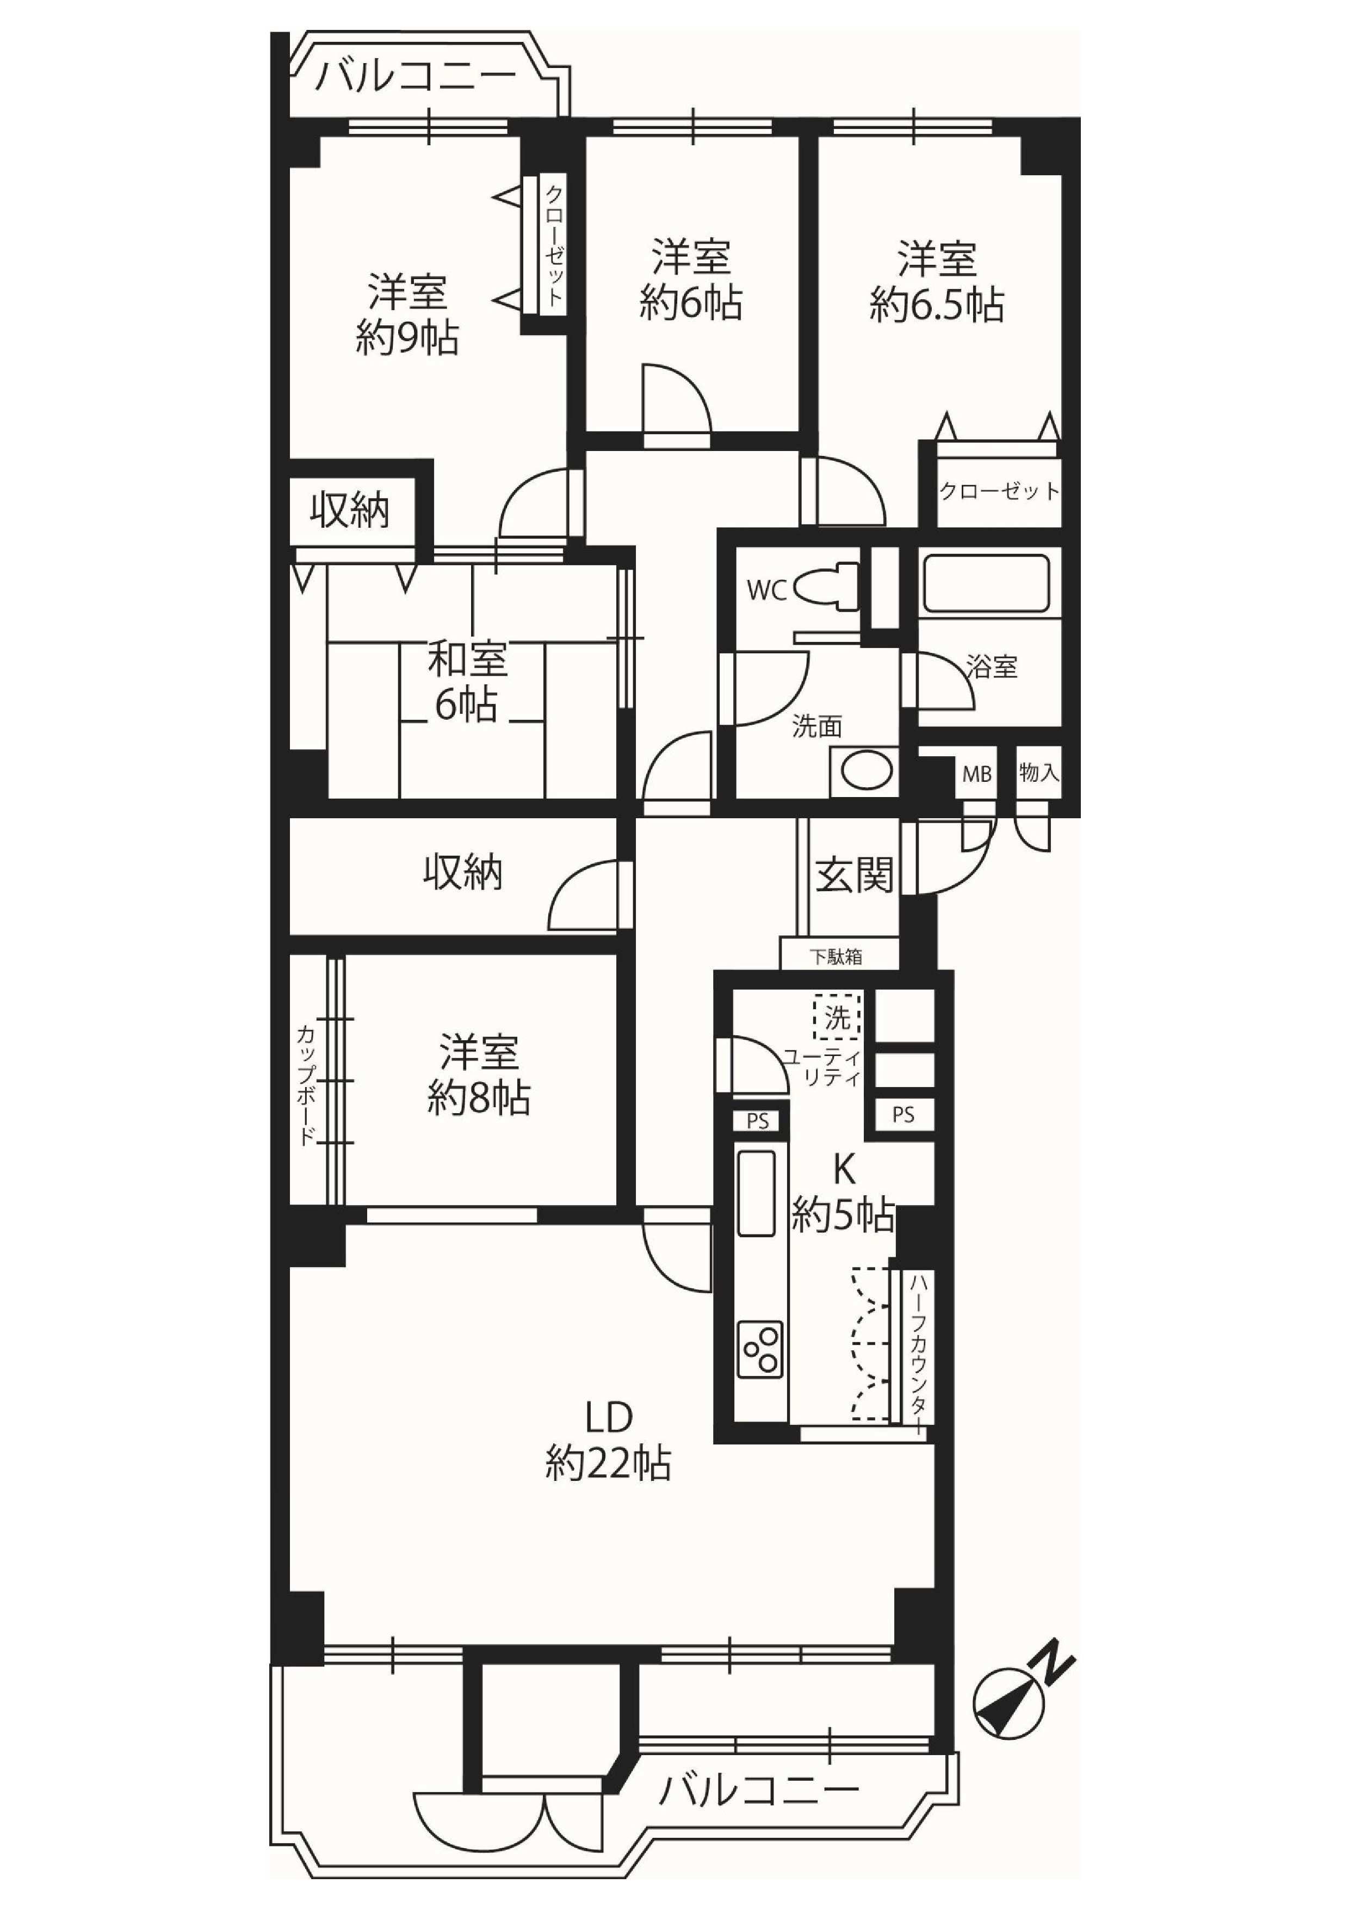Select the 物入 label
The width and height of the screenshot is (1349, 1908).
pyautogui.click(x=1038, y=773)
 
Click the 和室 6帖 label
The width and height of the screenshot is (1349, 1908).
pyautogui.click(x=466, y=685)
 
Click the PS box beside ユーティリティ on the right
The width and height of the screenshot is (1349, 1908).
pyautogui.click(x=903, y=1115)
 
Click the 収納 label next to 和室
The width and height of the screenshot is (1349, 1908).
pyautogui.click(x=350, y=510)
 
